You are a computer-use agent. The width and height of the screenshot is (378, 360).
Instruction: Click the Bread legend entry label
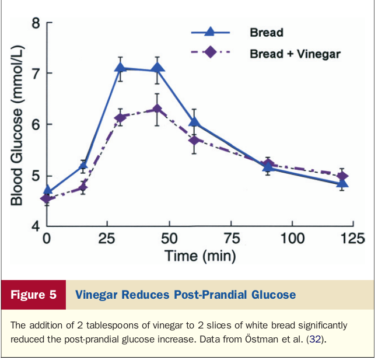pos(267,32)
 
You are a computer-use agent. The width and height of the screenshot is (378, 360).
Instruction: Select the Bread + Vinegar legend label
pos(295,54)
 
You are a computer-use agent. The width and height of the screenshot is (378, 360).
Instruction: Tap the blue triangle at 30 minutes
pos(121,67)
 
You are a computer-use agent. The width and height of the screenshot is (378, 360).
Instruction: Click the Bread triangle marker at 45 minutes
pos(157,68)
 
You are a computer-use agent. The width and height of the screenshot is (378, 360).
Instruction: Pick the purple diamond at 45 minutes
pos(157,109)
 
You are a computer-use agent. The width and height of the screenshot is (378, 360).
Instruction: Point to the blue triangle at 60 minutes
pos(194,122)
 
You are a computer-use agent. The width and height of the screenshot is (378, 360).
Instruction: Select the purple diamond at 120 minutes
pos(343,176)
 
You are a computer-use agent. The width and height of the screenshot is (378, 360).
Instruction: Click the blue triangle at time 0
pos(47,190)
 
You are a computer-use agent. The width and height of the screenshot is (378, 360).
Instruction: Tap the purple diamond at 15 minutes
pos(83,187)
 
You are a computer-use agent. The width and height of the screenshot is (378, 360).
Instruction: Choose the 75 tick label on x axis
pos(232,238)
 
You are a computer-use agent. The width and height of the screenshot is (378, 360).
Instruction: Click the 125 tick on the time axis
pos(352,238)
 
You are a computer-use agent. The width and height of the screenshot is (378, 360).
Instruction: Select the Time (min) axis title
pos(199,256)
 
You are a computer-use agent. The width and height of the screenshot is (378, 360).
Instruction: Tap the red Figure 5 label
pos(33,295)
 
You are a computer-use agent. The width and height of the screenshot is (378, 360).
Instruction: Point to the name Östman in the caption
pos(259,338)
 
